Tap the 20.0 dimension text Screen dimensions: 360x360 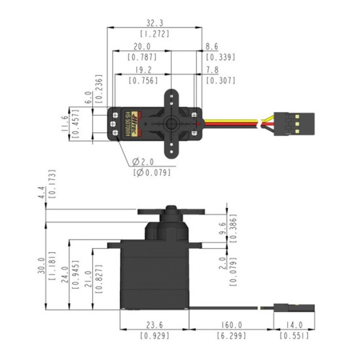(x=141, y=47)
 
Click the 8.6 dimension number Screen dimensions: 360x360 (x=212, y=47)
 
